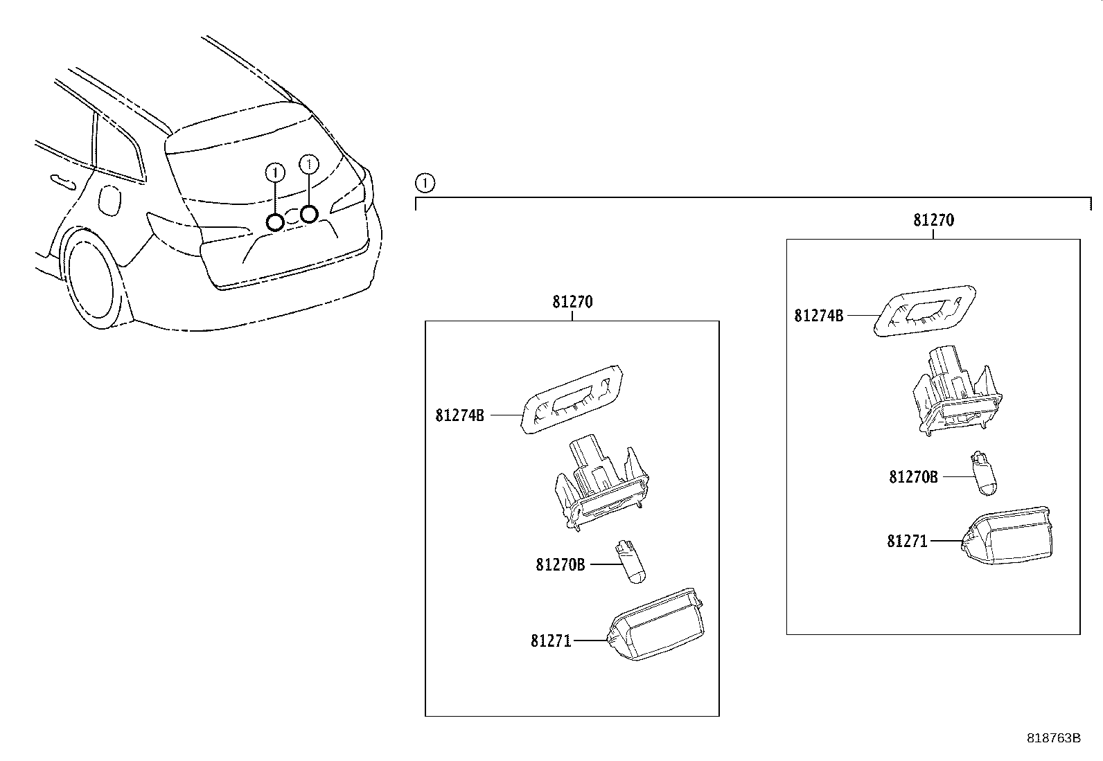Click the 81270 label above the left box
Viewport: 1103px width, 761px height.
(572, 303)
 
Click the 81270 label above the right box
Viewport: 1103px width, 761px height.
(933, 220)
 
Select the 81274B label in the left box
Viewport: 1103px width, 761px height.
(459, 415)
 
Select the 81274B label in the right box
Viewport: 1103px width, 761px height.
(818, 316)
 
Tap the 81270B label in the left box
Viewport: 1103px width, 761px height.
(560, 565)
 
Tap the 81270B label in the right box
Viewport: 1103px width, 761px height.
(913, 477)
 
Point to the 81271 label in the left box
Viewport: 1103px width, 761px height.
(551, 641)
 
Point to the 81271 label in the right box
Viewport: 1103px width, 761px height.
(907, 541)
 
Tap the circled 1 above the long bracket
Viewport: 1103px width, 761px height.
(424, 183)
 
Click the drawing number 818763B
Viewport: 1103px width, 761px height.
(1053, 738)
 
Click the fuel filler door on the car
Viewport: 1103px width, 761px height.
(109, 199)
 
